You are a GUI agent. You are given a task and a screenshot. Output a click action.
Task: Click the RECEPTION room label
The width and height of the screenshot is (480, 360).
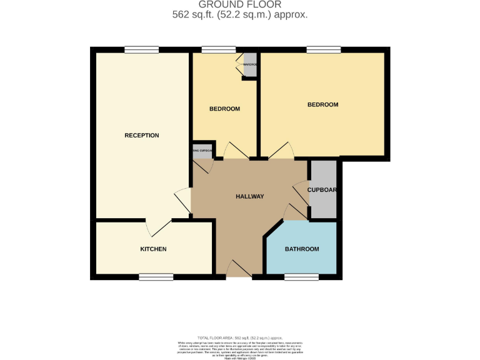142,136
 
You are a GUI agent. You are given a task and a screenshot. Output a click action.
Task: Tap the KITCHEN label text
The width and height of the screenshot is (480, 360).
153,249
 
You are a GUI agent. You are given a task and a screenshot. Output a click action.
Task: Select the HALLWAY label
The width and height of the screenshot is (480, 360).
249,197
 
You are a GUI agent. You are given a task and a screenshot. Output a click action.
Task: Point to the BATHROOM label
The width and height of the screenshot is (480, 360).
302,249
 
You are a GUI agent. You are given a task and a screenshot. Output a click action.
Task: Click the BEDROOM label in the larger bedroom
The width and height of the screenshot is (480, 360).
322,105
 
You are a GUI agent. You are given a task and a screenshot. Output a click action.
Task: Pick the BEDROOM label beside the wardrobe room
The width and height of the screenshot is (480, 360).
224,109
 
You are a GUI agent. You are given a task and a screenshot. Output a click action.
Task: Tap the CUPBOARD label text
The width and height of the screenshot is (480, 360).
322,190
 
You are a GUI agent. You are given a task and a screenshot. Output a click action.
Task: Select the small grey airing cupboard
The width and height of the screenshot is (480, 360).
202,151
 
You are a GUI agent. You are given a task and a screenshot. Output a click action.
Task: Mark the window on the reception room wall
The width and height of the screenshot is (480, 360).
141,50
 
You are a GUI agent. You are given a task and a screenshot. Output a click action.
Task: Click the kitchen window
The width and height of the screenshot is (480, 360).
156,276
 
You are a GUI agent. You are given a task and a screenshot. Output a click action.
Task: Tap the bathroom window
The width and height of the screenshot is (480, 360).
301,276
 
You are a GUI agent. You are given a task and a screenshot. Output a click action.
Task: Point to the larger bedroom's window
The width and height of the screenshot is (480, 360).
323,50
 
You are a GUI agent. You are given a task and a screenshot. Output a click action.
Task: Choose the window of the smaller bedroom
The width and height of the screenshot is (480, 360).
219,50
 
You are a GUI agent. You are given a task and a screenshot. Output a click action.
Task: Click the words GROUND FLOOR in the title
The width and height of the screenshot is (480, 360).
240,5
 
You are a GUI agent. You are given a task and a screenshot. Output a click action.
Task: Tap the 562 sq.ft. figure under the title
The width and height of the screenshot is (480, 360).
195,15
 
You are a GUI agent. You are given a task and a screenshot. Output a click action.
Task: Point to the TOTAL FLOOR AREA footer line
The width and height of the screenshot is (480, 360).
240,337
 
